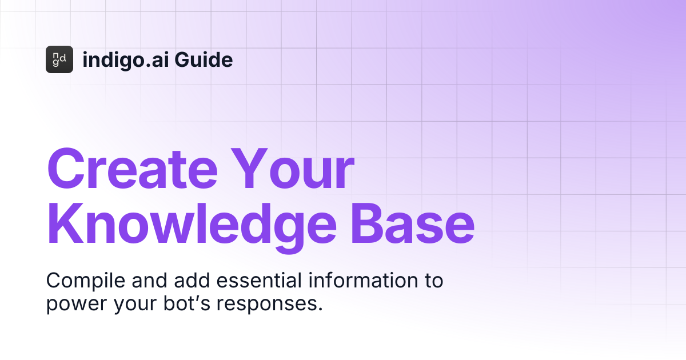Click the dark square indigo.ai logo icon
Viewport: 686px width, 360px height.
pos(59,59)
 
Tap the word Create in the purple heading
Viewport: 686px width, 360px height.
pos(133,170)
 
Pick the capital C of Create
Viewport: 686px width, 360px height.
pos(67,170)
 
